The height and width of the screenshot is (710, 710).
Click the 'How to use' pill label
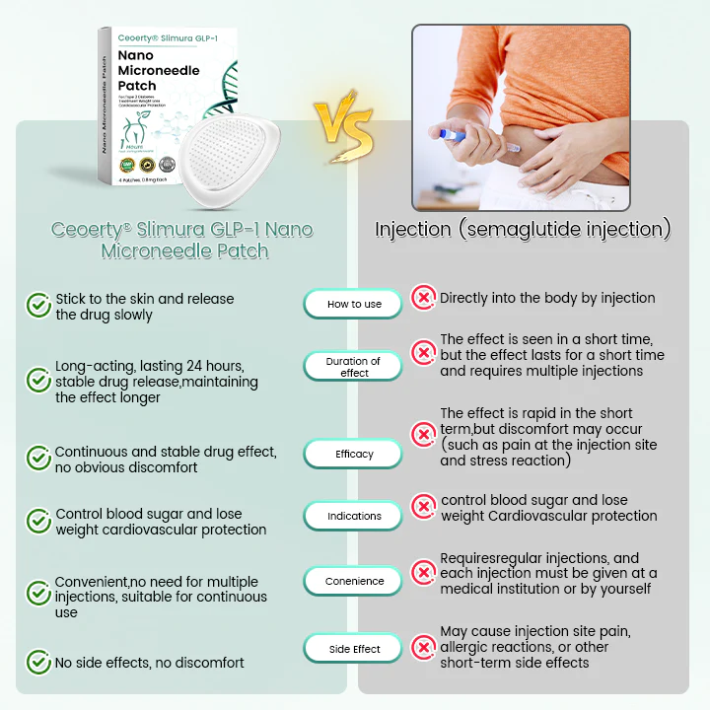354,304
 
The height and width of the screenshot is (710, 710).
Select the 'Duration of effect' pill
354,367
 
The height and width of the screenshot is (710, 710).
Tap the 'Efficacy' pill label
354,454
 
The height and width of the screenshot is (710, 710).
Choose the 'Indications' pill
354,516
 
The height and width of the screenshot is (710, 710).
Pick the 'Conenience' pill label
354,581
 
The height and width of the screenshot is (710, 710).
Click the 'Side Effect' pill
354,649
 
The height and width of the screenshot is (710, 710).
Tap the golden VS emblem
344,128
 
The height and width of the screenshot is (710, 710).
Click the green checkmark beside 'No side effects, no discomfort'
38,662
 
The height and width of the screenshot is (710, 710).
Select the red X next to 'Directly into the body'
423,297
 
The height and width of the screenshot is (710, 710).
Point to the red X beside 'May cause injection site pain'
423,647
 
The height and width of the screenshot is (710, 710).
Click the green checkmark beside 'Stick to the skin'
38,306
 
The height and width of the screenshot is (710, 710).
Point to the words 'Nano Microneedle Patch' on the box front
158,71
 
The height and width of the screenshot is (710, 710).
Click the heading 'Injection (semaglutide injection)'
523,230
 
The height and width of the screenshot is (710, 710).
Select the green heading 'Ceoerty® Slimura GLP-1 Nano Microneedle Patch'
181,240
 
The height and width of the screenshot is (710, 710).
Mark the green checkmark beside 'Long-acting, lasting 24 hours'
38,380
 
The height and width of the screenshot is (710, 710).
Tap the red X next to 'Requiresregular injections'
423,573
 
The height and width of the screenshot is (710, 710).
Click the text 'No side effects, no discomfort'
150,663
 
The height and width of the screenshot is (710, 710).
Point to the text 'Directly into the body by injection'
547,298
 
